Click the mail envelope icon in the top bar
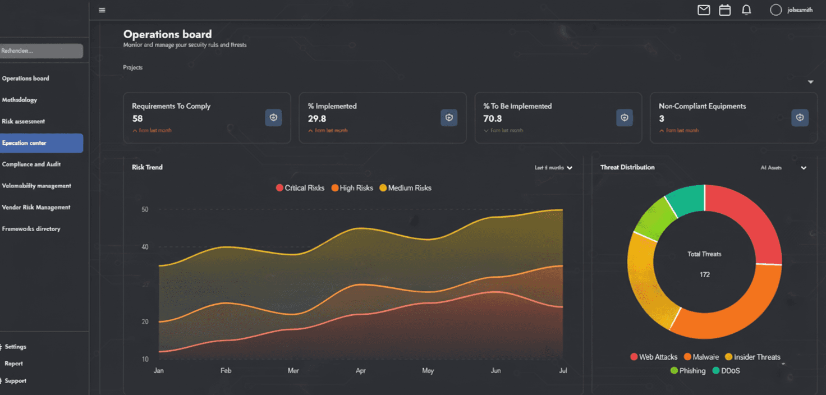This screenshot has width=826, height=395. coord(704,10)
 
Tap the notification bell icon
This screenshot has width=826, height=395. coord(746,10)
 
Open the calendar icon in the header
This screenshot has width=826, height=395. coord(725,10)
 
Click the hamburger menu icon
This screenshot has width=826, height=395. coord(102,10)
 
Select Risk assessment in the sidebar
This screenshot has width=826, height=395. coord(24,121)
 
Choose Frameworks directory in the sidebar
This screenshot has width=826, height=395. coord(31,229)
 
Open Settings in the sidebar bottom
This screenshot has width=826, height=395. coord(16,347)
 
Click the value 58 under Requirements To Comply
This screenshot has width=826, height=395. coord(137,118)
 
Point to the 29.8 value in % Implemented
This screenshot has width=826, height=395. coord(317,118)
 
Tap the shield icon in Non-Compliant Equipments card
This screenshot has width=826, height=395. coord(800,118)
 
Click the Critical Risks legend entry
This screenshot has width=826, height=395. coord(300,188)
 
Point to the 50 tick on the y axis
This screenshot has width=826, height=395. coord(145,210)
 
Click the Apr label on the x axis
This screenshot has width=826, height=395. coord(361,371)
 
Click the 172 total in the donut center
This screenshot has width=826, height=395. coord(705,274)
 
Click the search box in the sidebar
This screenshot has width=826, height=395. coord(40,51)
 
